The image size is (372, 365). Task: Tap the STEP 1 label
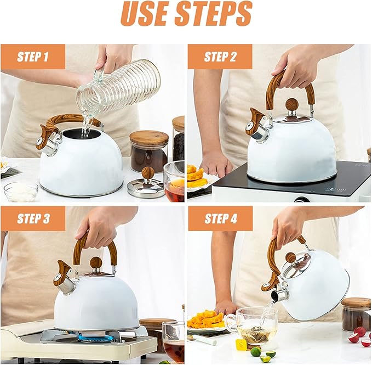click(33, 57)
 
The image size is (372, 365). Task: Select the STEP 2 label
click(220, 57)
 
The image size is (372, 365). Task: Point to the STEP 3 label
click(33, 218)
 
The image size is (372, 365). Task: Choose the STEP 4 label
click(220, 218)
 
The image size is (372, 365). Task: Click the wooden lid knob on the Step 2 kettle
click(293, 104)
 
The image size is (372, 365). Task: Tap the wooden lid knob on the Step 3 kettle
click(96, 263)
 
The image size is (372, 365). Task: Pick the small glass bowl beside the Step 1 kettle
click(21, 191)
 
